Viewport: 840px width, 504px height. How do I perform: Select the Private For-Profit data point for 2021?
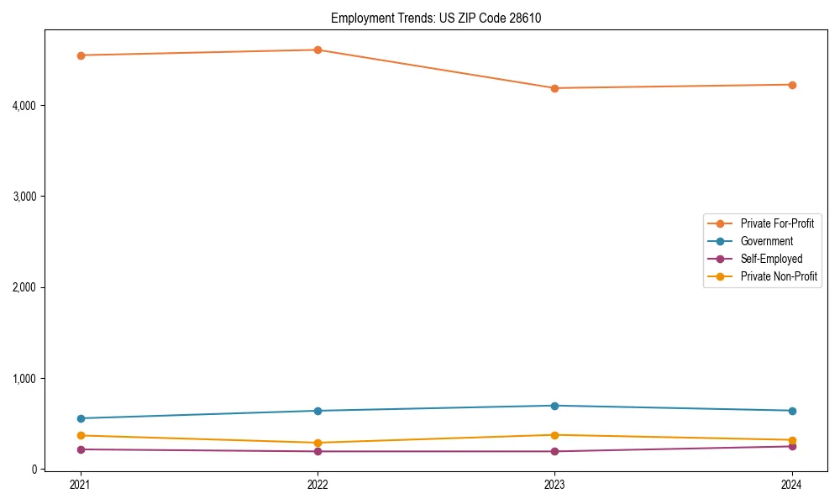81,55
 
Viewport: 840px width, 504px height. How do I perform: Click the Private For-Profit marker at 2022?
318,50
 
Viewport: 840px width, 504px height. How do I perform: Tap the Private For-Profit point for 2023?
554,88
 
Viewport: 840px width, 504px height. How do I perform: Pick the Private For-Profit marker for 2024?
792,85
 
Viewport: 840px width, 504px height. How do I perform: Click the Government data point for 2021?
81,418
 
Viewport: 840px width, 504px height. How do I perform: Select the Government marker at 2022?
318,411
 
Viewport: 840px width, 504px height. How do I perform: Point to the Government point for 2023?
554,406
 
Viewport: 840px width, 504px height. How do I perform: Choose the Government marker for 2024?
792,411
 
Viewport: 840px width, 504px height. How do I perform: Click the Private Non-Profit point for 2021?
81,435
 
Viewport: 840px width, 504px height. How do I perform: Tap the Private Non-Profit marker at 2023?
554,435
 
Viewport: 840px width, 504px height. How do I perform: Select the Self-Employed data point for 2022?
318,451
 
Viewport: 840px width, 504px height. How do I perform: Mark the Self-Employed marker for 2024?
792,446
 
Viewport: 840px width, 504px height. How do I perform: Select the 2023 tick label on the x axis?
554,485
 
